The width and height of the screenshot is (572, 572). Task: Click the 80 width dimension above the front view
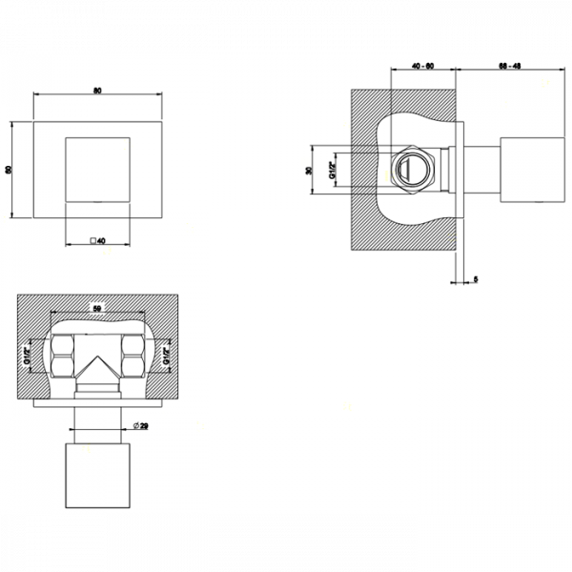coord(96,91)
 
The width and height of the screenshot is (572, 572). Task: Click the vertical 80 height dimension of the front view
coord(10,170)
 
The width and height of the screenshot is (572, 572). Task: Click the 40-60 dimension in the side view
coord(423,65)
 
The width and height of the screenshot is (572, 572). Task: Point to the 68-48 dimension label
coord(508,65)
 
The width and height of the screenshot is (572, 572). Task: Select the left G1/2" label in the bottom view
coord(28,358)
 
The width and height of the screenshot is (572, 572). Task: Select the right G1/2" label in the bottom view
coord(166,358)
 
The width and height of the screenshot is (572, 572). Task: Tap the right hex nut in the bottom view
coord(134,358)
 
